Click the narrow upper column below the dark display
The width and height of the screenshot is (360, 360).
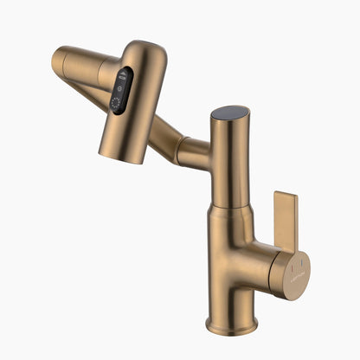click(229, 164)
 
